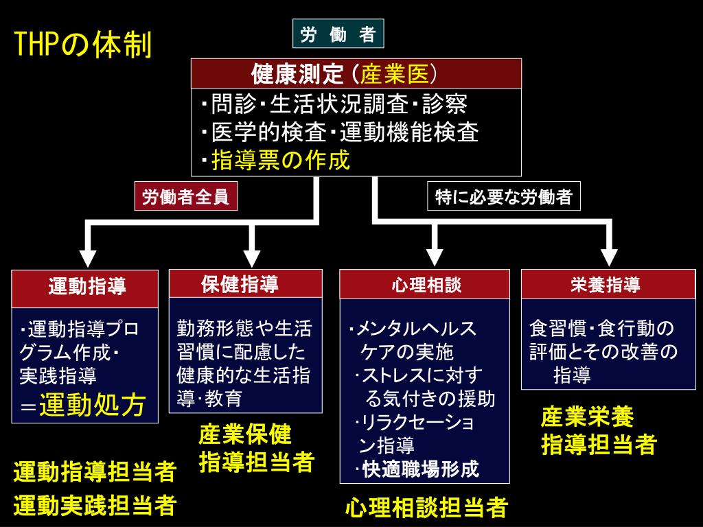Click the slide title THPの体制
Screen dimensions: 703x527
pos(83,46)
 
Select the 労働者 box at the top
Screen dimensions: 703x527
pos(338,34)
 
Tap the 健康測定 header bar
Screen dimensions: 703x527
pos(356,73)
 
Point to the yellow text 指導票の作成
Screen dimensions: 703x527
pos(281,160)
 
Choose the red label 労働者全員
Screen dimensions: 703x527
pos(185,198)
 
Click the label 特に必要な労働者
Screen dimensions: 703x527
pos(503,198)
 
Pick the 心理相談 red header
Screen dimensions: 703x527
pos(425,284)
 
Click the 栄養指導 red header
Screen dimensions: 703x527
pos(605,284)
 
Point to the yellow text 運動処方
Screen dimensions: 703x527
pos(92,405)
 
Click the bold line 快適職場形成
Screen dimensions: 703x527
pos(420,469)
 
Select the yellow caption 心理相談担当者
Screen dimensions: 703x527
pos(426,508)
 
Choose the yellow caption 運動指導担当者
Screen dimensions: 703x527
pos(95,472)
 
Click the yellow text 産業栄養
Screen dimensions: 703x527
pos(587,417)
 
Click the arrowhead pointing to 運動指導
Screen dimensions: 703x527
pos(87,257)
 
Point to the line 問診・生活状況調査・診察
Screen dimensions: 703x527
pos(335,104)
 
